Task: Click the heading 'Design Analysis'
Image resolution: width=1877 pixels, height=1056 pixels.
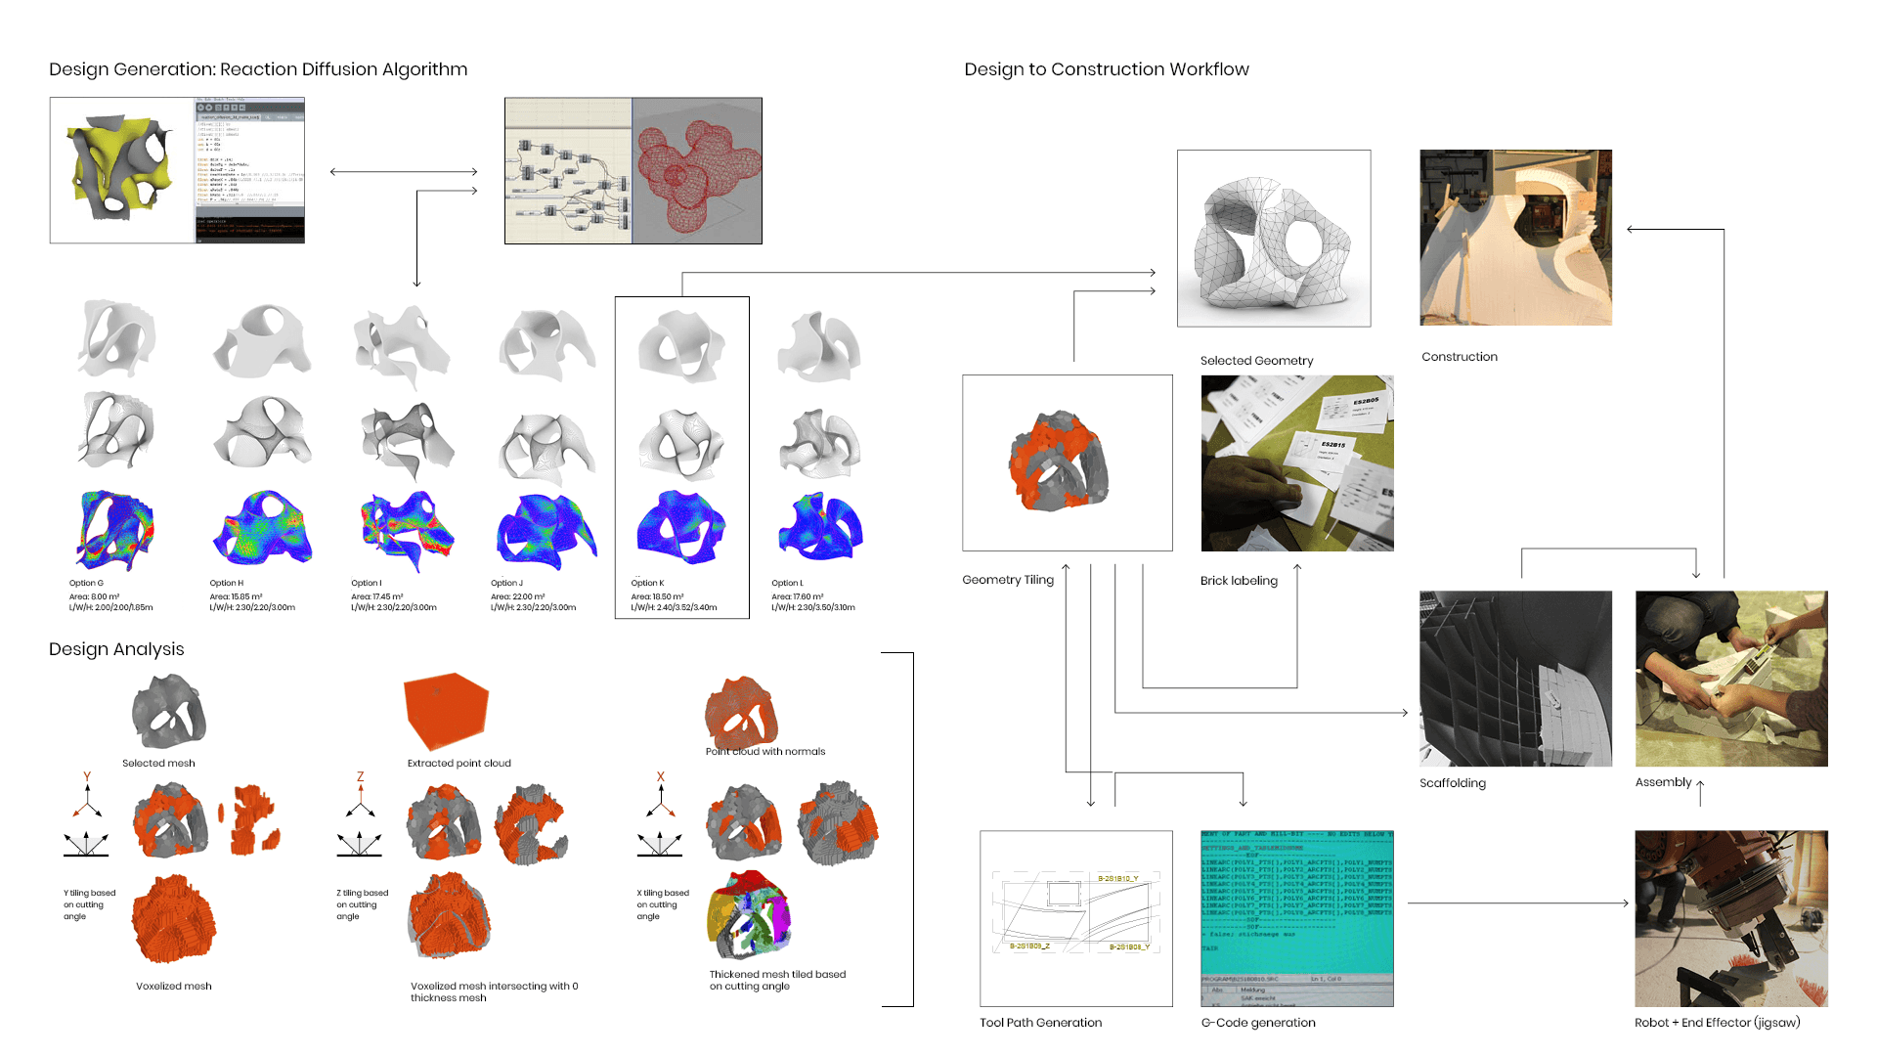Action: [x=116, y=649]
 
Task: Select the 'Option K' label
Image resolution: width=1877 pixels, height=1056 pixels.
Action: [x=647, y=583]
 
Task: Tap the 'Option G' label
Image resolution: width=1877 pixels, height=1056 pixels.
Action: [x=86, y=583]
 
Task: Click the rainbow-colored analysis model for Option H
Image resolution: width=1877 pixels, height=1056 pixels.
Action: [x=262, y=528]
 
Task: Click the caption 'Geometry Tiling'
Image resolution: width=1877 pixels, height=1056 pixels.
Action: [x=1008, y=580]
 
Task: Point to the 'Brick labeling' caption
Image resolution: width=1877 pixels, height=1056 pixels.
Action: [x=1239, y=581]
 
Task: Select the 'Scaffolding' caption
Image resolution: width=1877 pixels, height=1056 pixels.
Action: [x=1453, y=783]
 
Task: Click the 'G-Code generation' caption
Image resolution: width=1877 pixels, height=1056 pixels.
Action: [x=1258, y=1023]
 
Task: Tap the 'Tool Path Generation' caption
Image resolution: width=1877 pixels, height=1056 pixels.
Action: [x=1040, y=1023]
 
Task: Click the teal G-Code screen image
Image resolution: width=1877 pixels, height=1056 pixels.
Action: [x=1296, y=918]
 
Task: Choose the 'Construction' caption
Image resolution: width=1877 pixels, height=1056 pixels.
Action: [x=1460, y=357]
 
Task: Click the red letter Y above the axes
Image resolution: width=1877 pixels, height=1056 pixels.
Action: [x=87, y=777]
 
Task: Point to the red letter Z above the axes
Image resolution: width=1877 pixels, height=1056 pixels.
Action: [x=360, y=777]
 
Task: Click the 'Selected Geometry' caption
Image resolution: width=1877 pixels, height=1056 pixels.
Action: [x=1256, y=361]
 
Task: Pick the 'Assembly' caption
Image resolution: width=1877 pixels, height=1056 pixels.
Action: [x=1663, y=782]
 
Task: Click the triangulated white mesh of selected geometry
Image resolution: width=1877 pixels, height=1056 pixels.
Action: [x=1273, y=241]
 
